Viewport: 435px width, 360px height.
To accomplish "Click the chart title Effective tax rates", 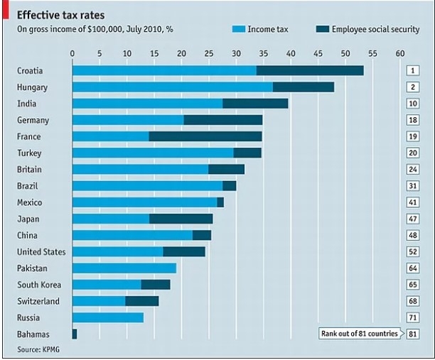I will click(60, 14).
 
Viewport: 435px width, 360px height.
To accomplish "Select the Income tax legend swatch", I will click(237, 29).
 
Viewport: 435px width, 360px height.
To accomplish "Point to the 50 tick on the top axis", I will click(345, 53).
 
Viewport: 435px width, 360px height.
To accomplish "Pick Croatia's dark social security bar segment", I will click(310, 70).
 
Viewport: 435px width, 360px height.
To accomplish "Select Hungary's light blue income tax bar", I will click(172, 87).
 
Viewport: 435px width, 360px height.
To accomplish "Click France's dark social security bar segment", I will click(205, 136).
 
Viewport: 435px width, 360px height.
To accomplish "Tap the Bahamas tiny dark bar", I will click(75, 334).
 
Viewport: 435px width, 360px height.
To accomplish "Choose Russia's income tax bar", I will click(108, 317).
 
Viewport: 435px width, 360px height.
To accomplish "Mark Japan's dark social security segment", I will click(181, 219).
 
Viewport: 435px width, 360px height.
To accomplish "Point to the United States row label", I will click(41, 252).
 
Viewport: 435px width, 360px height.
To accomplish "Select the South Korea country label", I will click(38, 285).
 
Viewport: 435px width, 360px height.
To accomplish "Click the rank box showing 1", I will click(412, 70).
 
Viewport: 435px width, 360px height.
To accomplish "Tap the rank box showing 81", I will click(412, 334).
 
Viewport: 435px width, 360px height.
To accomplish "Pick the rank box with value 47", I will click(412, 219).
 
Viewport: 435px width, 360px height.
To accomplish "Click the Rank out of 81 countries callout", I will click(360, 334).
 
